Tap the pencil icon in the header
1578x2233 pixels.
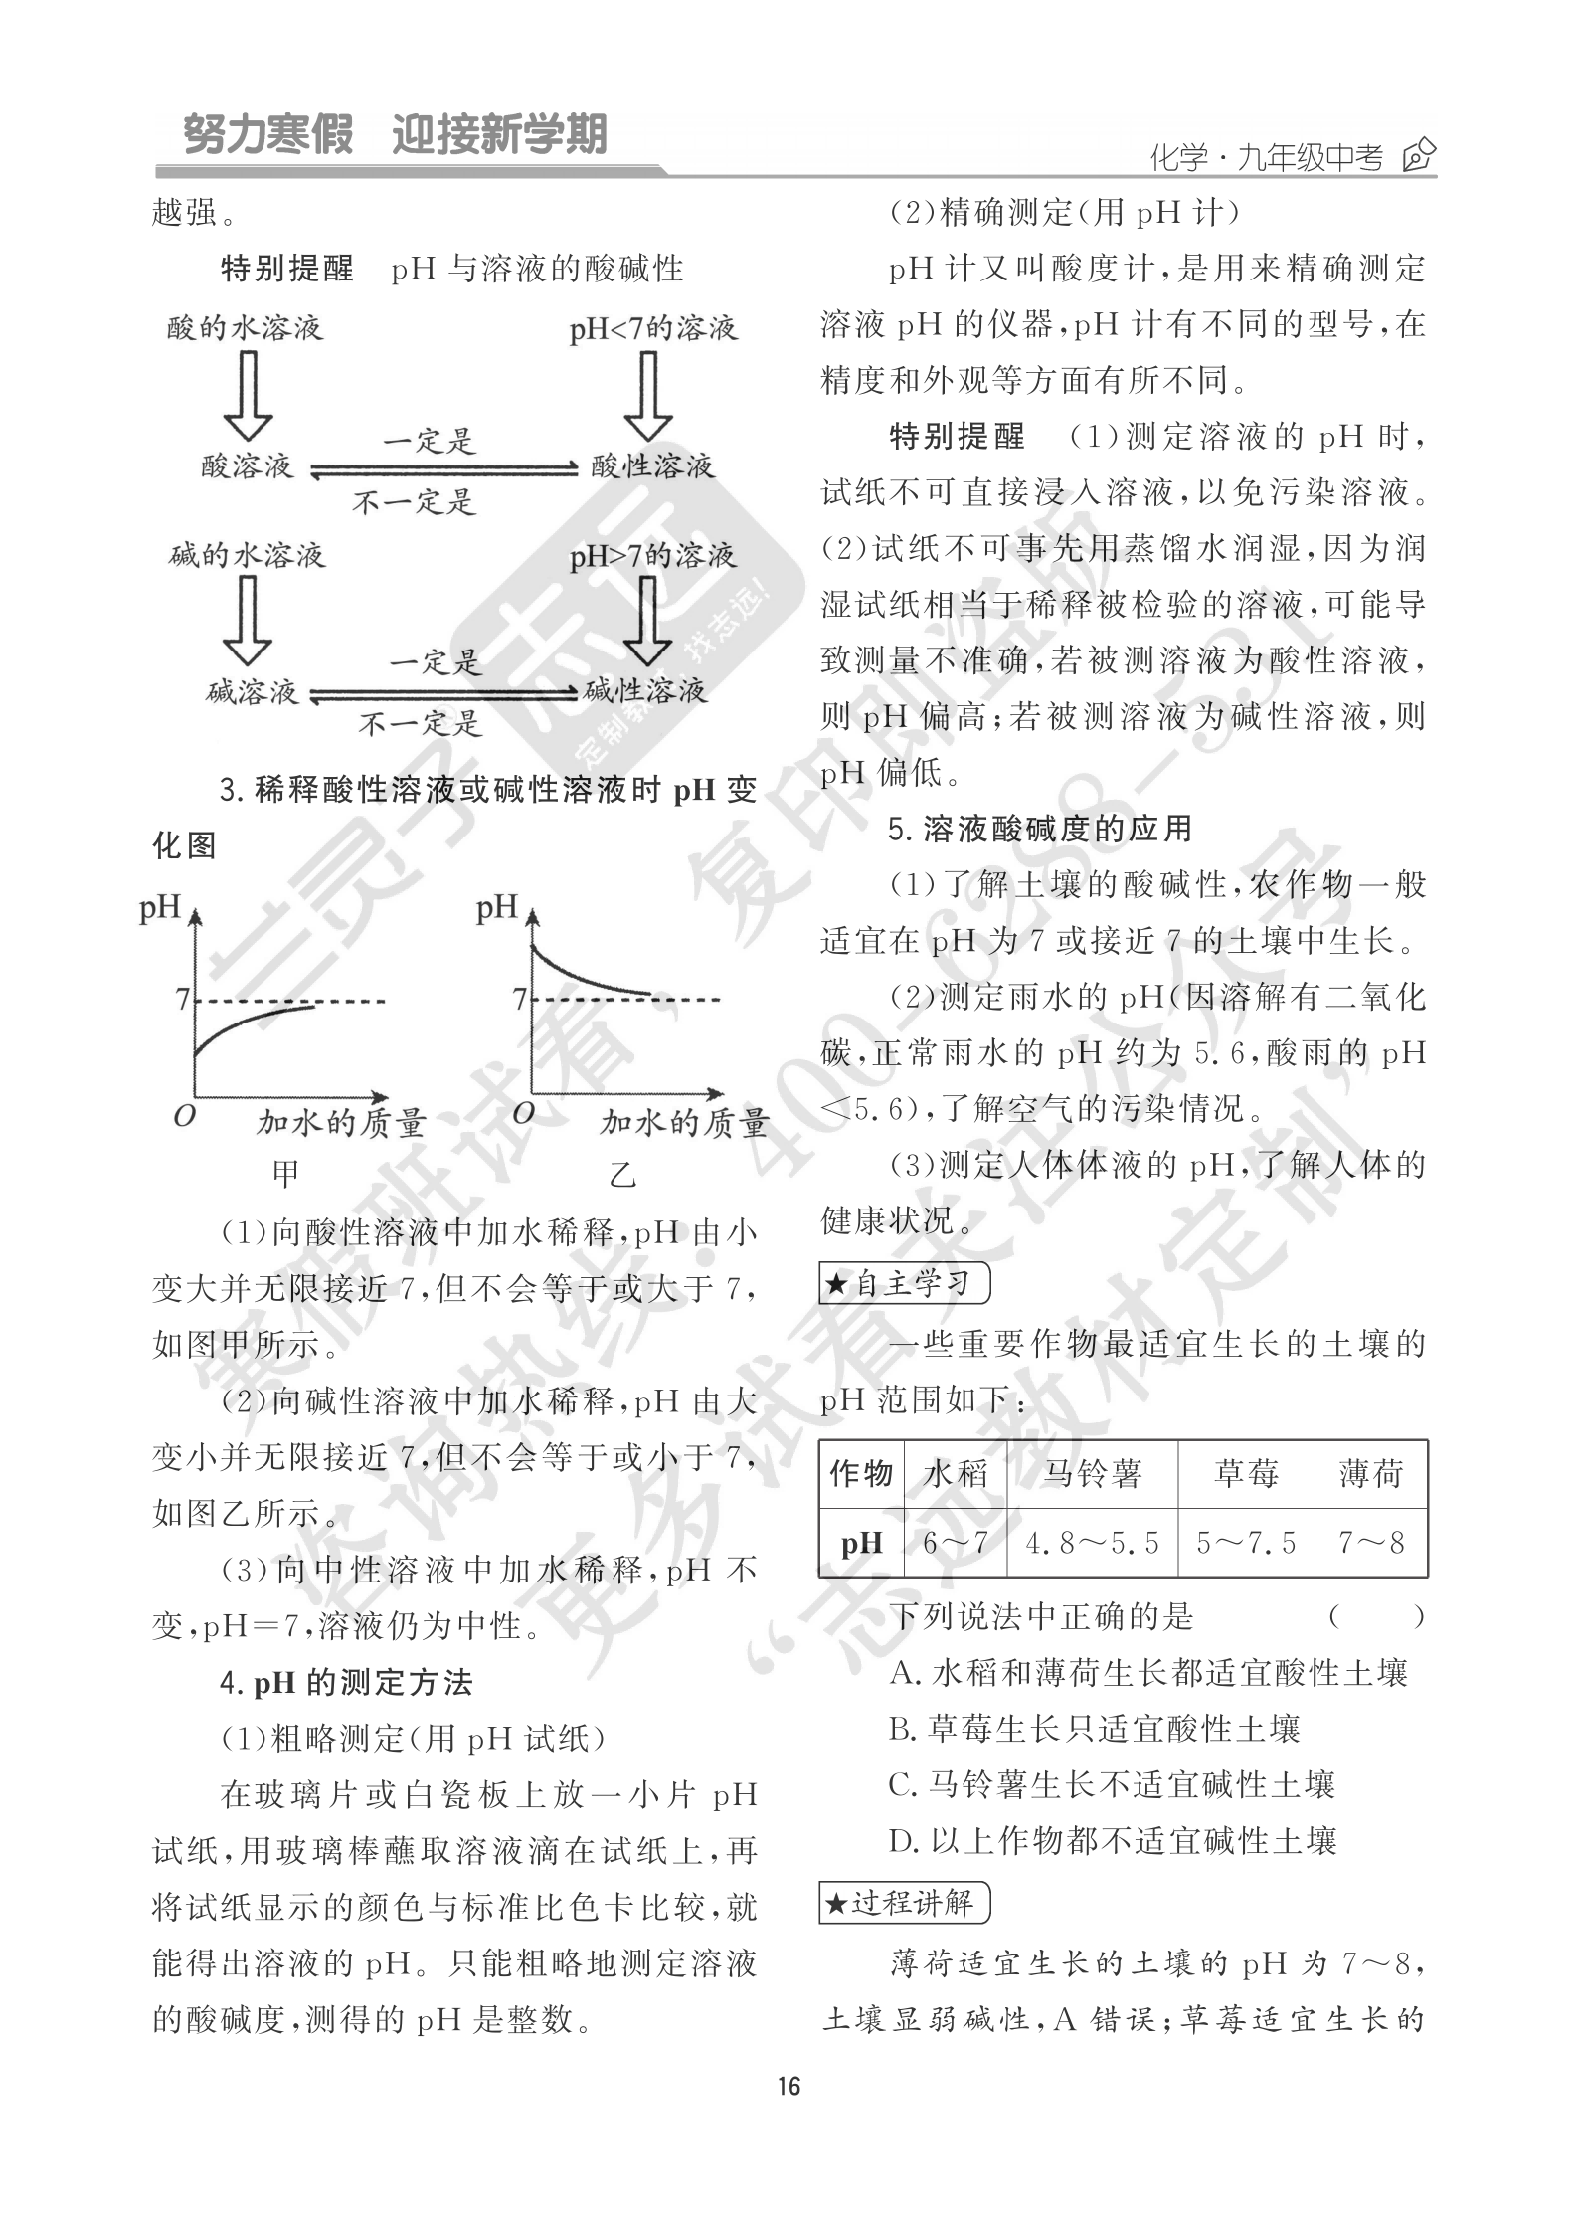(x=1418, y=156)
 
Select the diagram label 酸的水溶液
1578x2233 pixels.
(x=246, y=327)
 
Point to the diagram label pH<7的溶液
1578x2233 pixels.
(x=652, y=328)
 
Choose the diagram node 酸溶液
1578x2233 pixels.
(x=248, y=465)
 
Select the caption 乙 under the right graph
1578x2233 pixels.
(x=622, y=1175)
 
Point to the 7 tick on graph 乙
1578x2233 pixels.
(x=519, y=998)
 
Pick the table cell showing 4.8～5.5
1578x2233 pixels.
(x=1092, y=1543)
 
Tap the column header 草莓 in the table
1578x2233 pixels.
(x=1245, y=1473)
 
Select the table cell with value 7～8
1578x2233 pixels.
(x=1371, y=1543)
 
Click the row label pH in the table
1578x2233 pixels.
(x=861, y=1543)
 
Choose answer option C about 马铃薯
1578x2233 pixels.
(x=1111, y=1784)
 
